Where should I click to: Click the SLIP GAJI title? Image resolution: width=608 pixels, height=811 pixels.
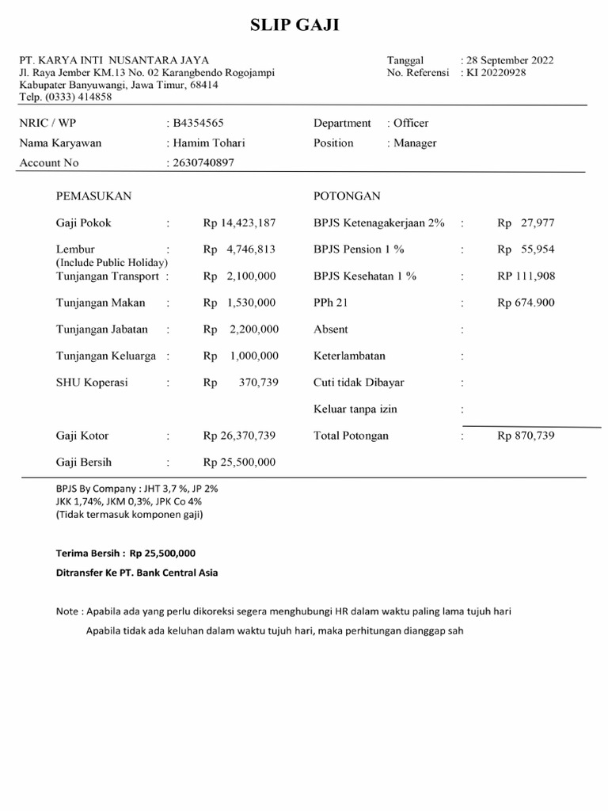(x=294, y=26)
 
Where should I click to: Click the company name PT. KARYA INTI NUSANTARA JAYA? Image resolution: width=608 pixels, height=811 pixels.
(x=115, y=60)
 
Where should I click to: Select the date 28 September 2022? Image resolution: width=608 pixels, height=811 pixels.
(x=509, y=60)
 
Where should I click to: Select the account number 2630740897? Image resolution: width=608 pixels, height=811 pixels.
(x=203, y=163)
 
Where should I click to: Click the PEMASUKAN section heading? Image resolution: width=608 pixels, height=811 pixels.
(x=93, y=196)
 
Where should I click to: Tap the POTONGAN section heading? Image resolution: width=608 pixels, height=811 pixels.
(x=347, y=196)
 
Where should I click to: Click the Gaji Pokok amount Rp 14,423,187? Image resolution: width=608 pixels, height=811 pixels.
(x=239, y=223)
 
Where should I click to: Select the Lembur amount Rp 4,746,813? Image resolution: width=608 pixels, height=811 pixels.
(x=239, y=249)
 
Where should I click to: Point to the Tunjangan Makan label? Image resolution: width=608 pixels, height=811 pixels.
(x=101, y=303)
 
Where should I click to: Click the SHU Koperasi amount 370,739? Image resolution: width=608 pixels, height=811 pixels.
(x=258, y=383)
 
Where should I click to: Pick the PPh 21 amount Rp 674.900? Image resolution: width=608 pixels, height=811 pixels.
(x=526, y=303)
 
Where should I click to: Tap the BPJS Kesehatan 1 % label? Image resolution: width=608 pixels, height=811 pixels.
(x=365, y=276)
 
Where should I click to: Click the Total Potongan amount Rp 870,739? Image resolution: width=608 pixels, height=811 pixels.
(x=526, y=436)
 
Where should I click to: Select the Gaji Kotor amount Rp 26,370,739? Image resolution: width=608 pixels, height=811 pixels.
(x=239, y=436)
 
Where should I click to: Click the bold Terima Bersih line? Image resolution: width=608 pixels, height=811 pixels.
(x=125, y=554)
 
